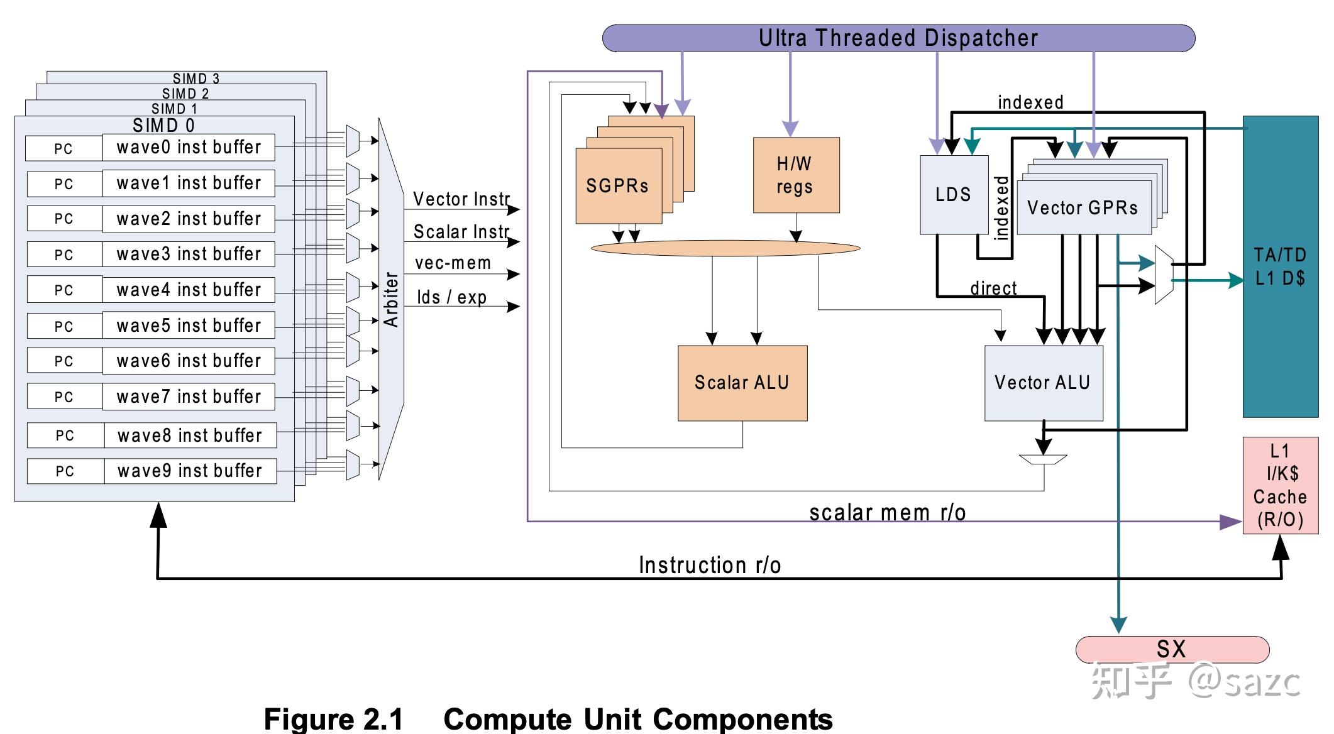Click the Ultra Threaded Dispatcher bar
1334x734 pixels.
pyautogui.click(x=898, y=38)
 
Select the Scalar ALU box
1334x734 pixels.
pyautogui.click(x=742, y=383)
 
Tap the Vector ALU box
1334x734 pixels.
pyautogui.click(x=1043, y=383)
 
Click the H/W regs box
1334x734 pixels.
pyautogui.click(x=796, y=175)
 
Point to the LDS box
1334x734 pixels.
pyautogui.click(x=953, y=195)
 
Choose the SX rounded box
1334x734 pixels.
pyautogui.click(x=1172, y=649)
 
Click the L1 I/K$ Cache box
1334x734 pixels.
pyautogui.click(x=1280, y=485)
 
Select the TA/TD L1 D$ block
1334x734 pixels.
pyautogui.click(x=1280, y=266)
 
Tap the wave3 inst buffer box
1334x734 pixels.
pyautogui.click(x=189, y=254)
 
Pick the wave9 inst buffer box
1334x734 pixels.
pyautogui.click(x=190, y=471)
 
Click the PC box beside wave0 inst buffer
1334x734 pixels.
pyautogui.click(x=63, y=149)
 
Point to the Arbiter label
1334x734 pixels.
pyautogui.click(x=391, y=300)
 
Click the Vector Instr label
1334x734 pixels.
pyautogui.click(x=461, y=199)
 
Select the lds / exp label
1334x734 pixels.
pyautogui.click(x=451, y=297)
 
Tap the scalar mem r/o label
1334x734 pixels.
pyautogui.click(x=887, y=513)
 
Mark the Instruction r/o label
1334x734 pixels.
pyautogui.click(x=710, y=565)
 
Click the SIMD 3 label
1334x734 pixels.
pyautogui.click(x=196, y=79)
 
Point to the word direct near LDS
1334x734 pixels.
pyautogui.click(x=993, y=288)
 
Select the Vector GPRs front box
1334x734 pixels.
pyautogui.click(x=1083, y=208)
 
